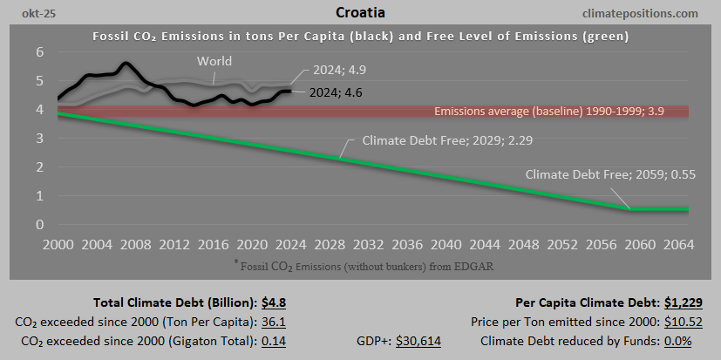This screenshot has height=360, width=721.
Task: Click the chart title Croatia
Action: pos(360,13)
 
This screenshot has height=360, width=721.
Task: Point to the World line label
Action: pos(214,61)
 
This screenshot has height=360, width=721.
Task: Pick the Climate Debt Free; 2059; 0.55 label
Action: pos(598,174)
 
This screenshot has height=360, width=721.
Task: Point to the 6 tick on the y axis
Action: pos(39,52)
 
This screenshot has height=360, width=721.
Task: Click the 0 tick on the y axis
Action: pos(39,224)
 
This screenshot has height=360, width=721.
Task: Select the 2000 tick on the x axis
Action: pos(58,243)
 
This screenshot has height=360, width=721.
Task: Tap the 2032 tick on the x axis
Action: pos(372,243)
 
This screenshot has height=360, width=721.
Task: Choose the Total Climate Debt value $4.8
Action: pos(274,303)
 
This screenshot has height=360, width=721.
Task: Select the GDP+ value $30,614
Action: pos(418,341)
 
